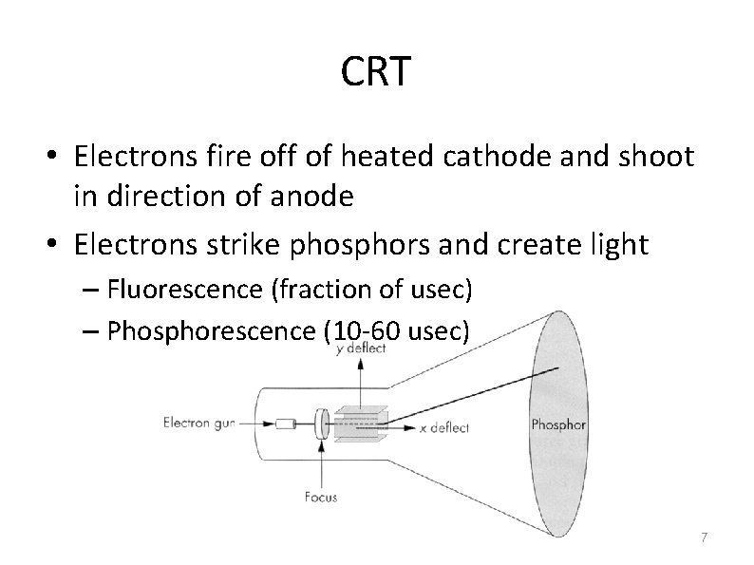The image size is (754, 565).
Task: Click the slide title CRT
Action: (x=376, y=73)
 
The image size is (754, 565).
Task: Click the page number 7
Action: (x=703, y=537)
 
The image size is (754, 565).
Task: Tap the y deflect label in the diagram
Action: (x=362, y=348)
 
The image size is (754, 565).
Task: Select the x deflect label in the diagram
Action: (x=443, y=428)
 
